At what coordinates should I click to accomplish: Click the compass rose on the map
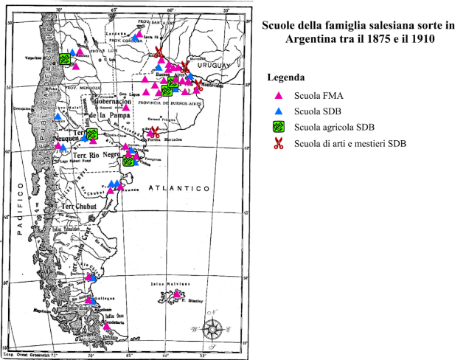tap(213, 328)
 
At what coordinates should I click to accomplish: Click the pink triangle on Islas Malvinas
tap(177, 295)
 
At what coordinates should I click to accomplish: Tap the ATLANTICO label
tap(176, 189)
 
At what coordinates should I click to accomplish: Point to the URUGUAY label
tap(212, 63)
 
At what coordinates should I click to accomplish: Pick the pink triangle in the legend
tap(278, 96)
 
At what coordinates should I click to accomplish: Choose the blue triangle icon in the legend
tap(278, 111)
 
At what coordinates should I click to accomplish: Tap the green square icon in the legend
tap(278, 128)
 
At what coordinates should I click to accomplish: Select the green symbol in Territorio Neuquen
tap(92, 134)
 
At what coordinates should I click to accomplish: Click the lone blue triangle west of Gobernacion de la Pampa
tap(58, 116)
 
